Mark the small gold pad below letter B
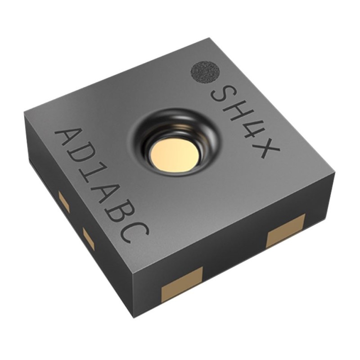pyautogui.click(x=88, y=238)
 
